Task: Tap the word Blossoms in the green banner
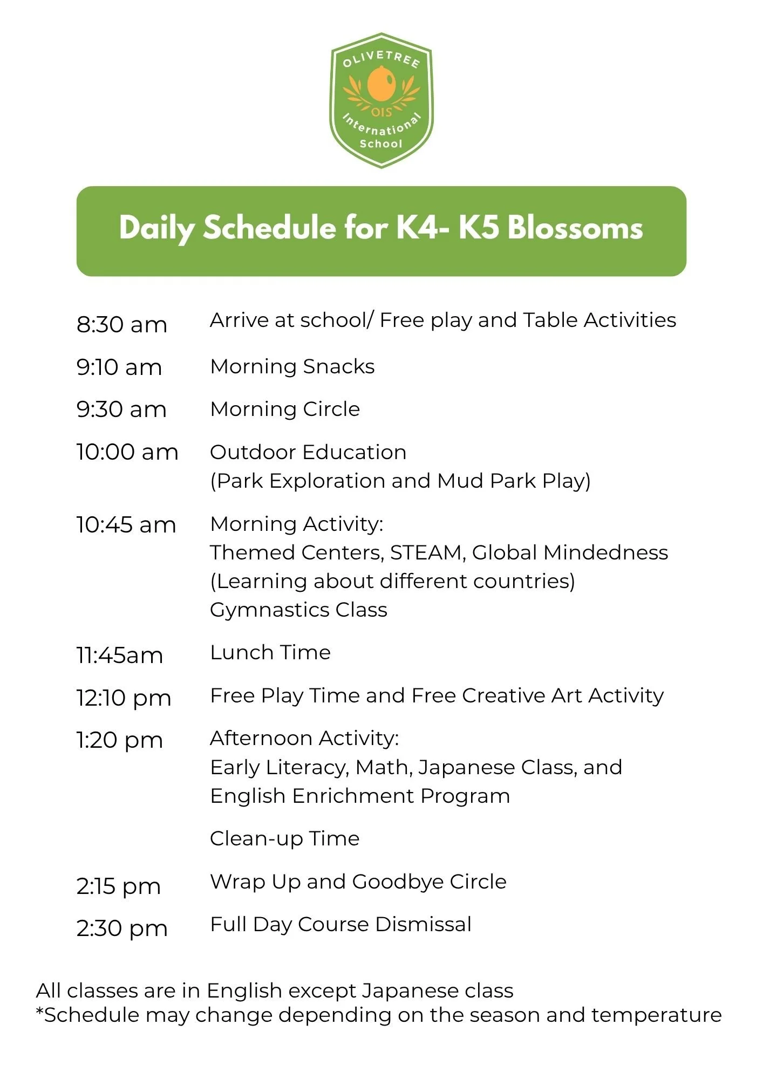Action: (x=575, y=228)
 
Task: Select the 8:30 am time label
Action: (x=122, y=325)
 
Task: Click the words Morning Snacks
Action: (x=292, y=366)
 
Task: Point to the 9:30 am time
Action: (x=121, y=409)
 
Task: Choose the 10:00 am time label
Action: (x=127, y=452)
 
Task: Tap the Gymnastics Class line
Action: (x=299, y=610)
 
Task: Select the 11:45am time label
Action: (x=120, y=655)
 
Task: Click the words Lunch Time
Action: (x=270, y=653)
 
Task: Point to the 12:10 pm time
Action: (x=124, y=699)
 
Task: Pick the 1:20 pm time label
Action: (x=120, y=741)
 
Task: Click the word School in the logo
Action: (x=381, y=144)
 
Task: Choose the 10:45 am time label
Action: (x=126, y=525)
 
